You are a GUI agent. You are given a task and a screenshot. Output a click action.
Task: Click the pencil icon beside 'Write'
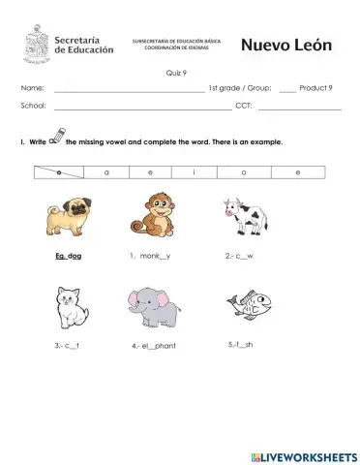56,138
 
